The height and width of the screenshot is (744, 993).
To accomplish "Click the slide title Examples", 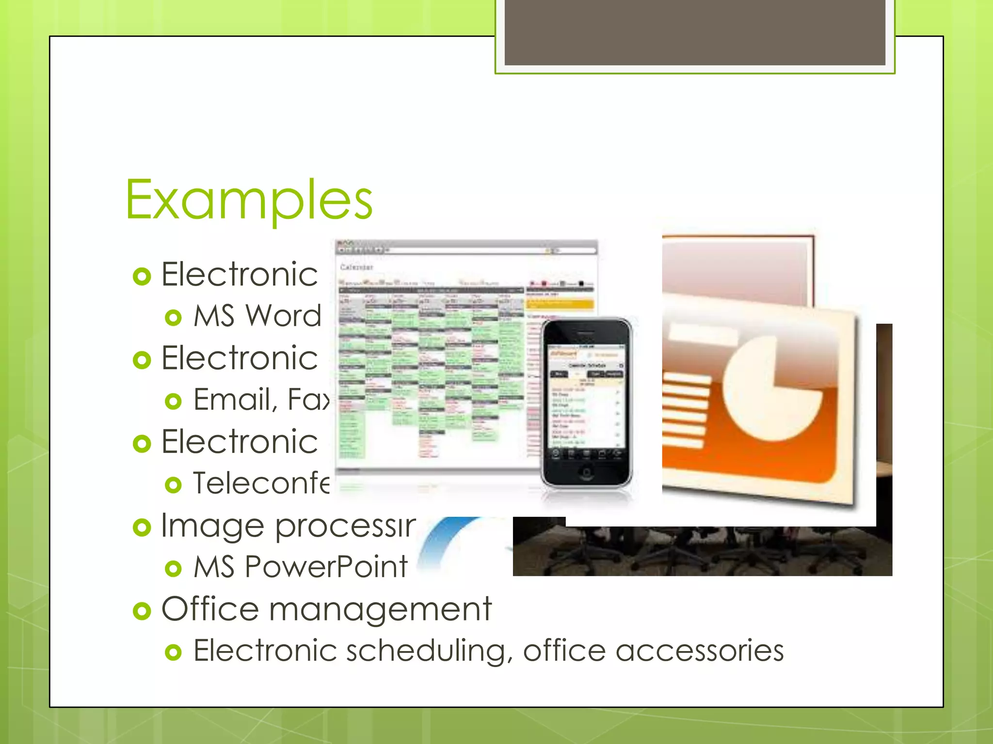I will tap(249, 200).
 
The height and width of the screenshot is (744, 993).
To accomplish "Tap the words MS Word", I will tap(257, 316).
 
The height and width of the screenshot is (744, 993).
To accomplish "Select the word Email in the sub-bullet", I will tap(231, 400).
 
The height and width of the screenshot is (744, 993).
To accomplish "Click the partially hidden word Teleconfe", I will tap(261, 483).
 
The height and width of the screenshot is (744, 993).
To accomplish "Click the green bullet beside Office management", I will tap(142, 611).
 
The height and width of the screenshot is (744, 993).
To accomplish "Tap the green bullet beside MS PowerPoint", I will tap(173, 569).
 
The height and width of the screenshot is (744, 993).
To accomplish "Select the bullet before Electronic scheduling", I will tap(173, 652).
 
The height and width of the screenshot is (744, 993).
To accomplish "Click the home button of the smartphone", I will tap(586, 473).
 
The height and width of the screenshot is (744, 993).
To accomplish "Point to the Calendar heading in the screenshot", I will tap(356, 267).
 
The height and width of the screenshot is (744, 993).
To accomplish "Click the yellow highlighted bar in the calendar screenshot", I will tap(559, 304).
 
